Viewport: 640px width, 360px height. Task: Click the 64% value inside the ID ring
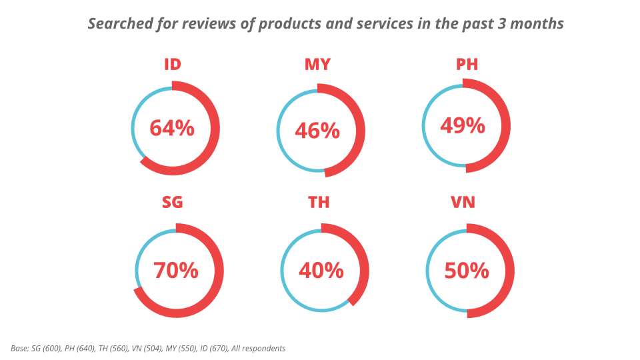click(172, 128)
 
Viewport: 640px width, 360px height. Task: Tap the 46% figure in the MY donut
click(317, 131)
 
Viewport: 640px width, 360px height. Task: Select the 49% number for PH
click(463, 125)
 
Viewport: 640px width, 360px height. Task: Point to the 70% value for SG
click(176, 271)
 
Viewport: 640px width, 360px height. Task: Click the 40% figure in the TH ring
click(321, 271)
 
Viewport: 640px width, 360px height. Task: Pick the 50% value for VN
click(467, 271)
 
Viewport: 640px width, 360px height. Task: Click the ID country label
click(173, 65)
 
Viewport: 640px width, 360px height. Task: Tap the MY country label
click(317, 65)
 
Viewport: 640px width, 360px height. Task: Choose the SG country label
click(172, 202)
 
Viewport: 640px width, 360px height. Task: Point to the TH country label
click(319, 202)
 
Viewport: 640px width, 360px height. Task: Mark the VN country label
click(463, 202)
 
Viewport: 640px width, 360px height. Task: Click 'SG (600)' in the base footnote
click(47, 349)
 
